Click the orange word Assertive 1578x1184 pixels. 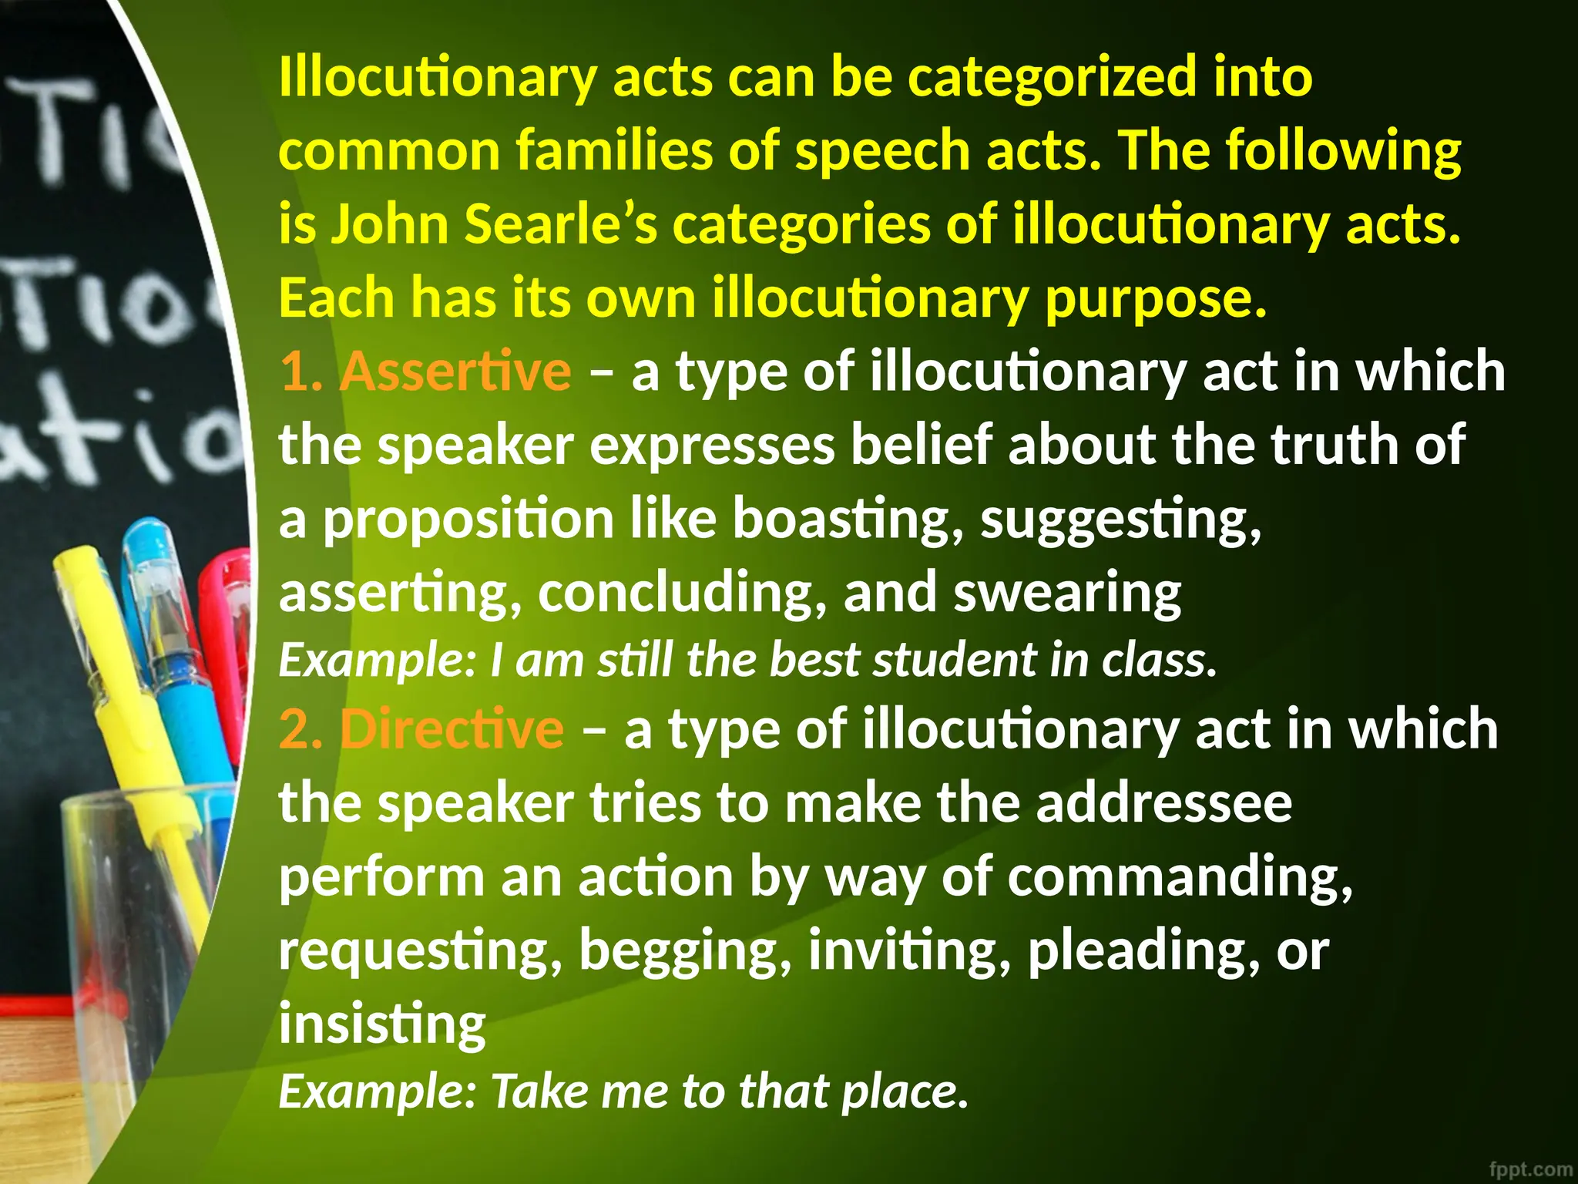pos(455,372)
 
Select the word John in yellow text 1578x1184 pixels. pos(390,224)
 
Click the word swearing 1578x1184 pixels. pos(1067,594)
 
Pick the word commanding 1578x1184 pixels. pos(1180,878)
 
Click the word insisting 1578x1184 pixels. pos(382,1024)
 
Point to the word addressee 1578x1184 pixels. pos(1163,803)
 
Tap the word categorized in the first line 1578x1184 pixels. pos(1053,77)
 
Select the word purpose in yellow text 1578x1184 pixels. pos(1155,298)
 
